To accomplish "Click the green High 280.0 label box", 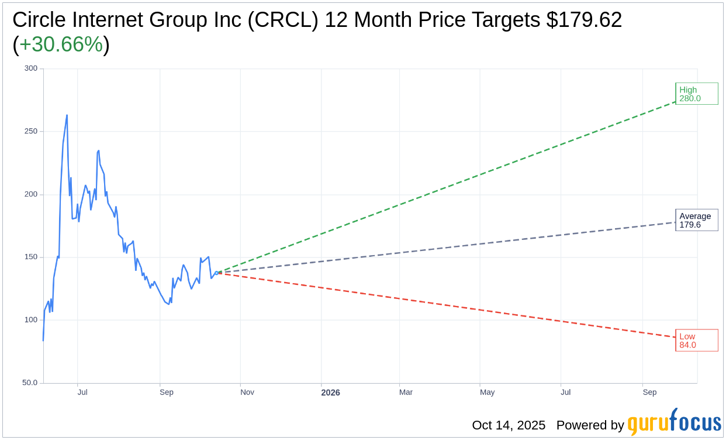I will [x=696, y=94].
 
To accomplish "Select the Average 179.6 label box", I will [x=696, y=220].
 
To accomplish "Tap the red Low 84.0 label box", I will [x=696, y=341].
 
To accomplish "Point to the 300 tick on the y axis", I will [x=31, y=68].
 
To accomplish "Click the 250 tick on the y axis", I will [x=31, y=131].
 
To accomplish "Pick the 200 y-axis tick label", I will [x=31, y=194].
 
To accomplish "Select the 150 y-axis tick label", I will [x=31, y=257].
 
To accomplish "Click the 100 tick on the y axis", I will [x=31, y=320].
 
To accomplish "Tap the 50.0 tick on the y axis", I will [x=30, y=383].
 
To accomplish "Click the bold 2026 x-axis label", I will [x=330, y=393].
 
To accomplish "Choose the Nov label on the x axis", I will [x=247, y=392].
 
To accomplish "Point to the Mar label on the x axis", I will [x=406, y=392].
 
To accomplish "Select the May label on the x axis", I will [x=487, y=392].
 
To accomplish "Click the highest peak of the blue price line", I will [x=67, y=115].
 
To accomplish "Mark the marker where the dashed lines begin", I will [x=217, y=273].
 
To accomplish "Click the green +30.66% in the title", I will [x=61, y=44].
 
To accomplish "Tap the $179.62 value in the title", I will [x=584, y=20].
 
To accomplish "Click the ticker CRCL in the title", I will [x=288, y=20].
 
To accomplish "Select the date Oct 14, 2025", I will [x=509, y=425].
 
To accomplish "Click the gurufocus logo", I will [x=674, y=423].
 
